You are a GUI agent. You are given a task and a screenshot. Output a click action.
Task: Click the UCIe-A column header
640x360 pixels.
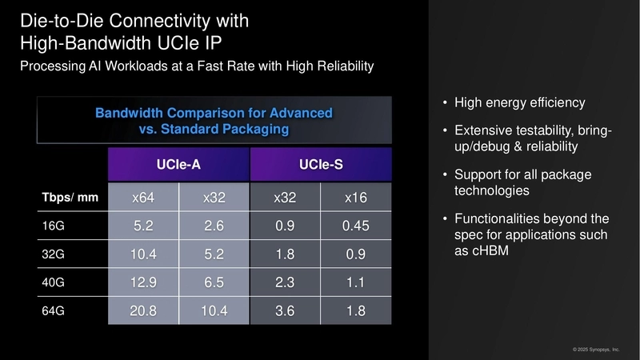coord(178,165)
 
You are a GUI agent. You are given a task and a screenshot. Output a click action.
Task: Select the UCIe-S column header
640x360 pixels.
coord(321,165)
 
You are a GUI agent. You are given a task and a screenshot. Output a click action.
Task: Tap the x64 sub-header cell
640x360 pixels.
coord(143,197)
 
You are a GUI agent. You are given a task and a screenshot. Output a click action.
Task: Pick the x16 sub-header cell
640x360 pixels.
coord(356,197)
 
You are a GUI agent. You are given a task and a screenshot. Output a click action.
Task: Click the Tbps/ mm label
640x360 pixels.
coord(70,197)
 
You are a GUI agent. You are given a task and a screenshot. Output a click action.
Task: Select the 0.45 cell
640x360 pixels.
coord(356,226)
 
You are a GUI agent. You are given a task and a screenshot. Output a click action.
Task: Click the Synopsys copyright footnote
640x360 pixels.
coord(596,350)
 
